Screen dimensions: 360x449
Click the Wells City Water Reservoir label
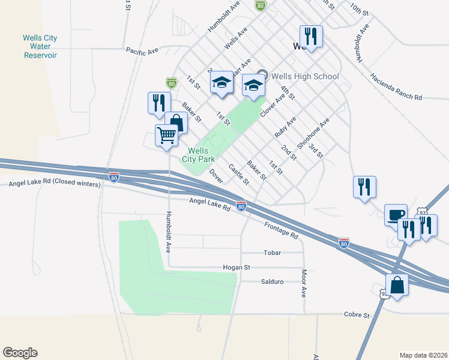click(40, 46)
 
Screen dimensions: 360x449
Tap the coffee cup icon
click(396, 215)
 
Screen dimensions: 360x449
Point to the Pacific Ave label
click(142, 52)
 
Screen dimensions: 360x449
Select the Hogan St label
click(236, 267)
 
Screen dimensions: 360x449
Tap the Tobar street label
click(273, 253)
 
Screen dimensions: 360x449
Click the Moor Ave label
click(304, 283)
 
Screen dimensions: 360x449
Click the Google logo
click(20, 353)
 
